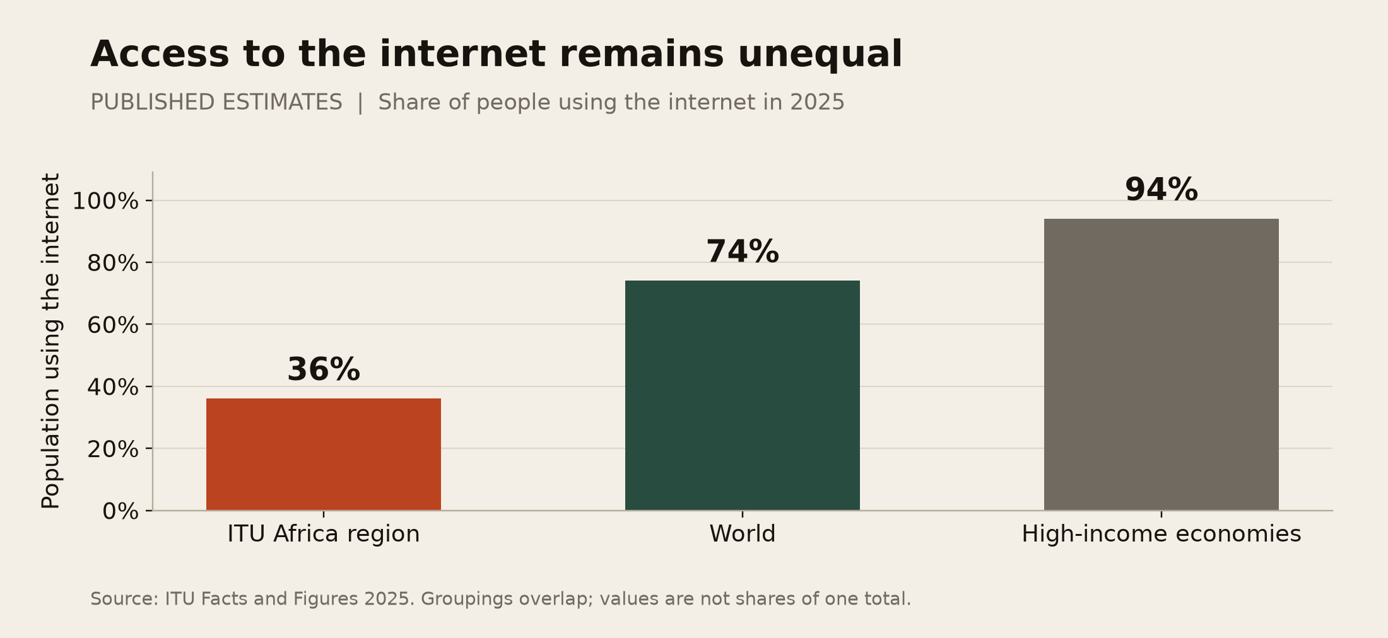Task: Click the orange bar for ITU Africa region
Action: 324,454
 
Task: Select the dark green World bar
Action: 743,395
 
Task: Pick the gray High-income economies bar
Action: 1162,364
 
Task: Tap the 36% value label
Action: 324,369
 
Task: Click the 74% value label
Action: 743,252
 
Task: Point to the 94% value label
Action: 1162,190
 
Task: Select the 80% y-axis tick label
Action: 113,263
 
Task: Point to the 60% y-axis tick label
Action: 113,325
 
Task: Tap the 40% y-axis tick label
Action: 113,387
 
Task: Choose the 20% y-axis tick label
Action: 113,449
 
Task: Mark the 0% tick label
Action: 121,511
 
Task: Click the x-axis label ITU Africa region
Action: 324,535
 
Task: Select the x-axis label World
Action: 743,534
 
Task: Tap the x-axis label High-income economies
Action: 1162,535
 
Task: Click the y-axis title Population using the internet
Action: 50,340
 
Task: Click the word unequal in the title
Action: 820,55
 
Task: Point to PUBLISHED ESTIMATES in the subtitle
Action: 216,102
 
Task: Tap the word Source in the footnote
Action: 124,598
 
